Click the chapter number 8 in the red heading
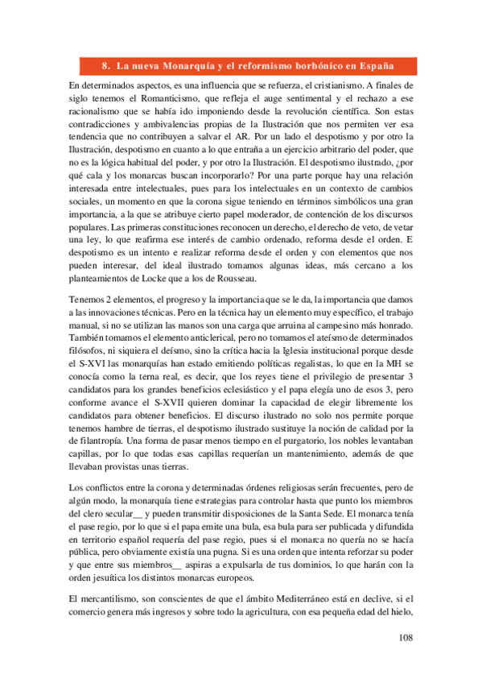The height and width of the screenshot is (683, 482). [106, 66]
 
